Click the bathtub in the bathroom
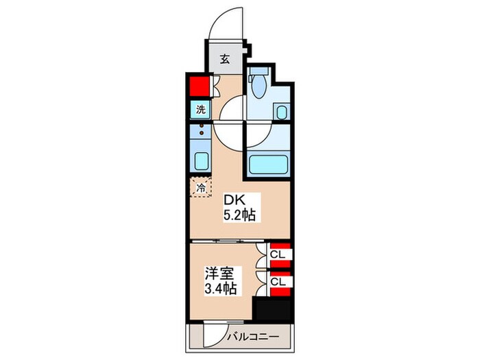267,165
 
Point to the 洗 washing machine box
200,109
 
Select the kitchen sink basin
202,161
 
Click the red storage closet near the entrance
199,87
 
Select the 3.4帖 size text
220,288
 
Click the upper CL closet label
278,256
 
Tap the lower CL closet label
278,282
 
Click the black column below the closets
272,308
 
